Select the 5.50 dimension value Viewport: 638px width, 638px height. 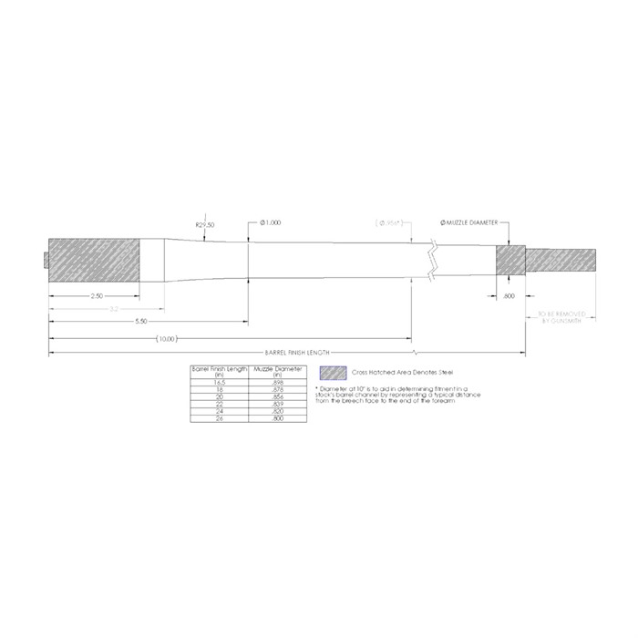(141, 322)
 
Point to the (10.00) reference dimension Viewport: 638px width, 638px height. (166, 338)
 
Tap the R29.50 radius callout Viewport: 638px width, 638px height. (204, 223)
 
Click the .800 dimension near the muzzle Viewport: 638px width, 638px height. (509, 296)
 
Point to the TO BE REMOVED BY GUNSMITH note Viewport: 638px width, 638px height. (561, 318)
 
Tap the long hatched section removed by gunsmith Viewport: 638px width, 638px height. (561, 261)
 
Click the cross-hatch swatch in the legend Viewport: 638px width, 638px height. (334, 373)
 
